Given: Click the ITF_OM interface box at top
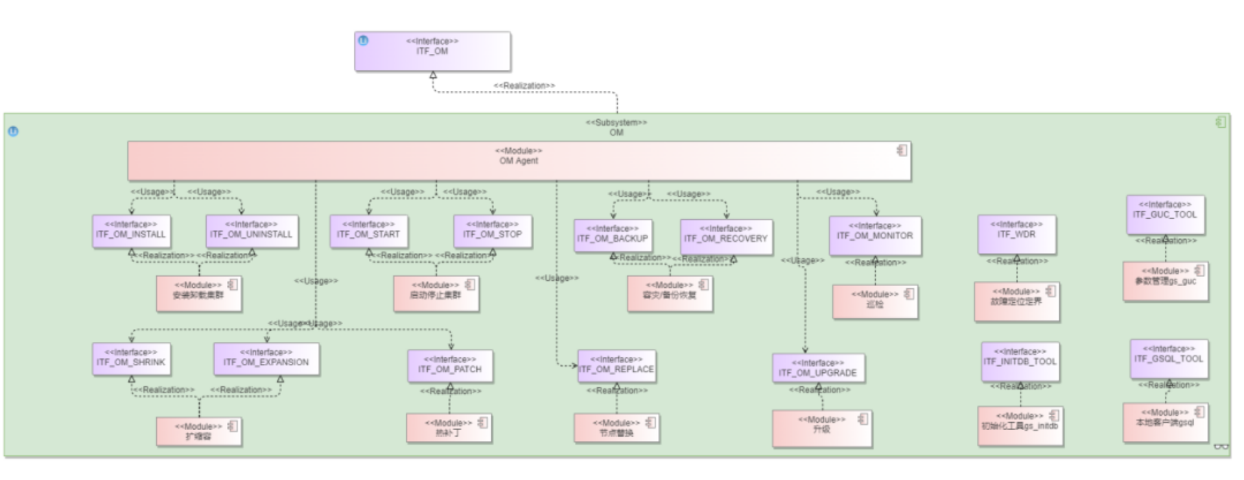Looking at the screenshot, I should click(x=432, y=51).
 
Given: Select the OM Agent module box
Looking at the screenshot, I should click(x=519, y=161).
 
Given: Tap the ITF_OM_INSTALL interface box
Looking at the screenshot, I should click(x=131, y=232).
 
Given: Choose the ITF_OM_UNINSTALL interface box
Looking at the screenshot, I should click(x=252, y=232).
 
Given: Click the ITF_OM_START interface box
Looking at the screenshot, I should click(x=368, y=232).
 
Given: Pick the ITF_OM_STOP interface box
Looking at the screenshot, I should click(x=493, y=232).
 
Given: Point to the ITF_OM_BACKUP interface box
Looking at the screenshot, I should click(x=613, y=235).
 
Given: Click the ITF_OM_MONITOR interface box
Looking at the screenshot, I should click(x=874, y=234).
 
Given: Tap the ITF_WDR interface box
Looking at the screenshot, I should click(x=1016, y=233).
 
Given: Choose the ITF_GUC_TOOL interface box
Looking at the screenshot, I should click(x=1165, y=213).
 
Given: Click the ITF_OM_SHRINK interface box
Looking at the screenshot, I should click(x=131, y=359).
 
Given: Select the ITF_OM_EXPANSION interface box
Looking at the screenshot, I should click(x=266, y=359).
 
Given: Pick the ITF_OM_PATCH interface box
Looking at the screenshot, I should click(x=450, y=366).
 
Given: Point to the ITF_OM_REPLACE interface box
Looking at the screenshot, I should click(x=616, y=366).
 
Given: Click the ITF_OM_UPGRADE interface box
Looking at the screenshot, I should click(x=818, y=369).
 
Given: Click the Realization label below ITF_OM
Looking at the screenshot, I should click(x=524, y=86).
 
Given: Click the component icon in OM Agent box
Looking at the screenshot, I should click(x=902, y=150).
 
